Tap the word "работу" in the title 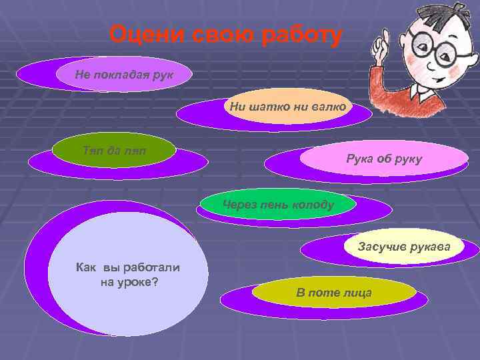click(297, 34)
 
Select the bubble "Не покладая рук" click(124, 74)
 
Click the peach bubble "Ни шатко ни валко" click(287, 106)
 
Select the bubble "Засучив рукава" click(404, 247)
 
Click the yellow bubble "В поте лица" click(334, 293)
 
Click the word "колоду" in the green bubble click(313, 205)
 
